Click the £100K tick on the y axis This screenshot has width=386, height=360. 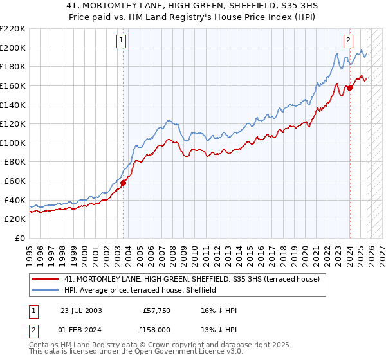pyautogui.click(x=13, y=143)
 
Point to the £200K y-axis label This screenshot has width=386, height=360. pyautogui.click(x=13, y=48)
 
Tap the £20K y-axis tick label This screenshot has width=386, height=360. pyautogui.click(x=15, y=219)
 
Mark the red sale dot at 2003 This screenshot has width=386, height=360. pyautogui.click(x=123, y=183)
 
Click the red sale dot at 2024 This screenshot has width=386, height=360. pyautogui.click(x=350, y=87)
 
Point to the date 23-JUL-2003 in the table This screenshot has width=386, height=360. pyautogui.click(x=81, y=310)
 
